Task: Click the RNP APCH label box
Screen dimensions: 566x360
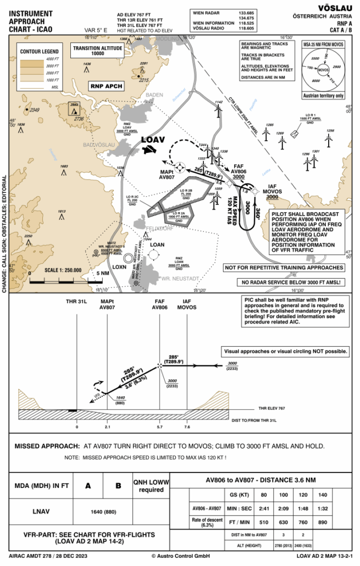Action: click(x=107, y=86)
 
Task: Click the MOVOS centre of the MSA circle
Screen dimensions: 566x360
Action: click(x=323, y=70)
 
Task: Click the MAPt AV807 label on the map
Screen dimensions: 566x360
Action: click(x=167, y=174)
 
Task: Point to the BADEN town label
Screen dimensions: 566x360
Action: click(x=156, y=95)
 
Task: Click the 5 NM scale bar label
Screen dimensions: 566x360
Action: click(x=103, y=273)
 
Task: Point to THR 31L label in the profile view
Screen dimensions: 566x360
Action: click(x=77, y=302)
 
